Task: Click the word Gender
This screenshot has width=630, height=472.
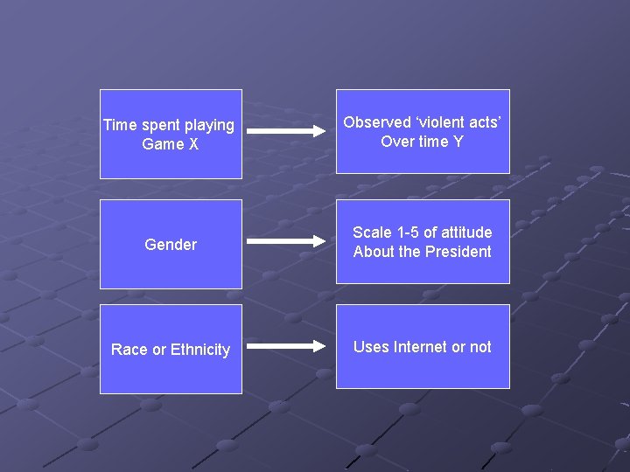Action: (171, 245)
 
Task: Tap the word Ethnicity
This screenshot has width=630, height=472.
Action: (200, 350)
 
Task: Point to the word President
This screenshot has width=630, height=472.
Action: (458, 252)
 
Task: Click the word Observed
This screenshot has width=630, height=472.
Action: (377, 122)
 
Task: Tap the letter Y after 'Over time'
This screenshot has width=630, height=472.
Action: (458, 142)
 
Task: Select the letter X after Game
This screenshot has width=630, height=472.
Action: (193, 144)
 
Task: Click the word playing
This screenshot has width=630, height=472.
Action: (208, 126)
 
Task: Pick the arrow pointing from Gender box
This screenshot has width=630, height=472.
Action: (285, 241)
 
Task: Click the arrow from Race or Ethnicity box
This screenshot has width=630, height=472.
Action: (285, 346)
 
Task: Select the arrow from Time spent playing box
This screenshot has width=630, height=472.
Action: (285, 131)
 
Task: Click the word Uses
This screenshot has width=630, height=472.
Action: (371, 347)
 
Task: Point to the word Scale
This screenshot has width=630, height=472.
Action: (372, 233)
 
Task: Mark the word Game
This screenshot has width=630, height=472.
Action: (163, 144)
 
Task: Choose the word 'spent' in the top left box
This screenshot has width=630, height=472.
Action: (157, 126)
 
